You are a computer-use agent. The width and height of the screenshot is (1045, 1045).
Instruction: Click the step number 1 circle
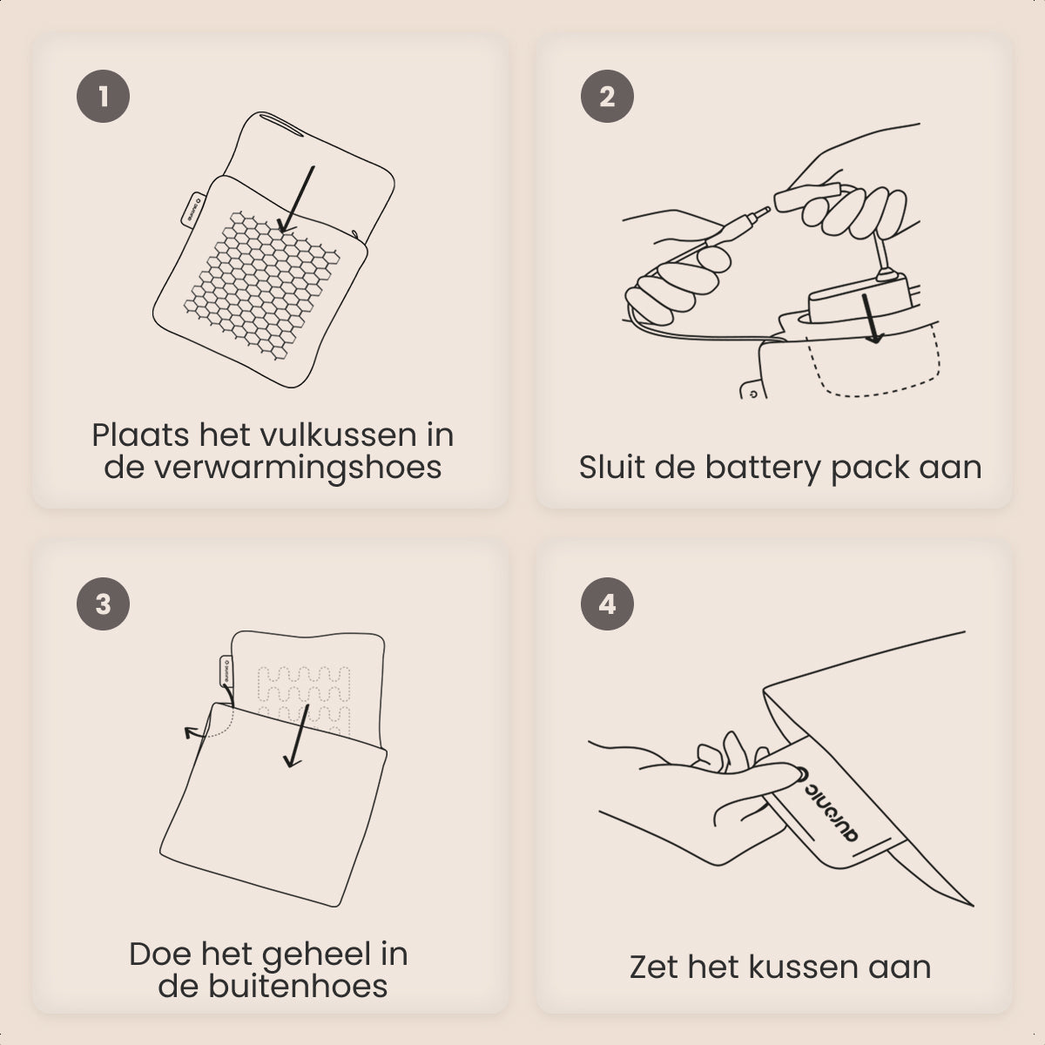tap(103, 96)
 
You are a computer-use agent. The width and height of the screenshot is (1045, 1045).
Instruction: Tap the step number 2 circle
tap(607, 96)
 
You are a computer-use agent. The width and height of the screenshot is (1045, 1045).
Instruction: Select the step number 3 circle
tap(103, 603)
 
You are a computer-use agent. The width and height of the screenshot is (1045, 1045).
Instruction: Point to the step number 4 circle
tap(607, 603)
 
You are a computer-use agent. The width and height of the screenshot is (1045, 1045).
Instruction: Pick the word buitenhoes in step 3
tap(298, 986)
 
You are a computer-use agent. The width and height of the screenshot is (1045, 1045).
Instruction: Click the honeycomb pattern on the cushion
tap(261, 286)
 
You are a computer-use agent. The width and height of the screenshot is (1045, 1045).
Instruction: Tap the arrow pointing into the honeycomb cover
tap(297, 199)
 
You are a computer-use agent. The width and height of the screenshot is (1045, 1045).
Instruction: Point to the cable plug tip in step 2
tap(765, 211)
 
